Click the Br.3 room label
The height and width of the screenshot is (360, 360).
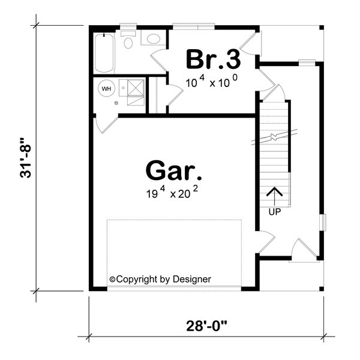click(x=213, y=59)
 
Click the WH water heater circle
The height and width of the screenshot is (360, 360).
click(x=107, y=89)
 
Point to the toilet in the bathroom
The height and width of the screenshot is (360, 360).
click(x=128, y=40)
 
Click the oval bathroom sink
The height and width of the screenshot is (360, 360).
click(x=154, y=40)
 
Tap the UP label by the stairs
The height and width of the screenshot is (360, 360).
click(x=274, y=211)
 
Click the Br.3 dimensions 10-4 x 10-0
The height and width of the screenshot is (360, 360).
click(x=213, y=82)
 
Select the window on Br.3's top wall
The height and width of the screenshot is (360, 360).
click(x=193, y=26)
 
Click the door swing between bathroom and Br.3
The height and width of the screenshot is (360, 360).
click(x=159, y=60)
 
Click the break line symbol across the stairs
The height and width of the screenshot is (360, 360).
click(x=274, y=137)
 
